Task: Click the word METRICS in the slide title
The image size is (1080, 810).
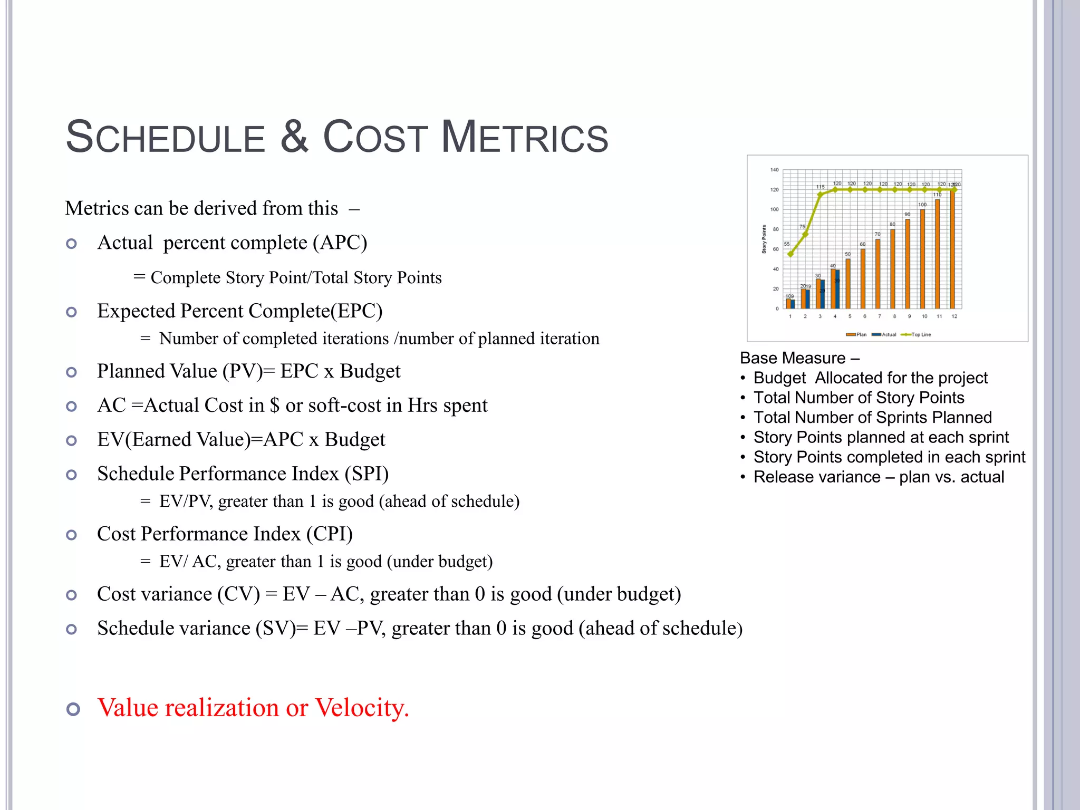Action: [x=524, y=137]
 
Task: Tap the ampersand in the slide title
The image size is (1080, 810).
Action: [x=294, y=137]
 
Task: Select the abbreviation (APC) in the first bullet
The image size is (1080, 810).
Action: [x=340, y=243]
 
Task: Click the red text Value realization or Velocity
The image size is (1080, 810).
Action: [x=253, y=708]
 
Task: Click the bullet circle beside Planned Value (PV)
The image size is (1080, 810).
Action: [x=72, y=372]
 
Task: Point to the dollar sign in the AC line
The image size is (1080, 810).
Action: [x=274, y=406]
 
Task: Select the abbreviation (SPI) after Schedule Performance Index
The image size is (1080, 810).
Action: [x=367, y=474]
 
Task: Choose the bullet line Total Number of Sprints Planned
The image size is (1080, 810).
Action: [x=872, y=418]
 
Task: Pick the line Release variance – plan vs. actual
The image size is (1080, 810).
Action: [x=879, y=477]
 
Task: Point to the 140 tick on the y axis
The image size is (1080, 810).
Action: [x=774, y=170]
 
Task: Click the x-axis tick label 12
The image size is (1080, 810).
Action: [x=954, y=316]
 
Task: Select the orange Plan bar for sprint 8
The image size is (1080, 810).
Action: [x=892, y=269]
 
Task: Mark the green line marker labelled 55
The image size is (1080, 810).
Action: [x=790, y=254]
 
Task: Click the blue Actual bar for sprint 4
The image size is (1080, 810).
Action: [x=837, y=289]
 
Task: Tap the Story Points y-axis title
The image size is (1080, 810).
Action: [x=764, y=239]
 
